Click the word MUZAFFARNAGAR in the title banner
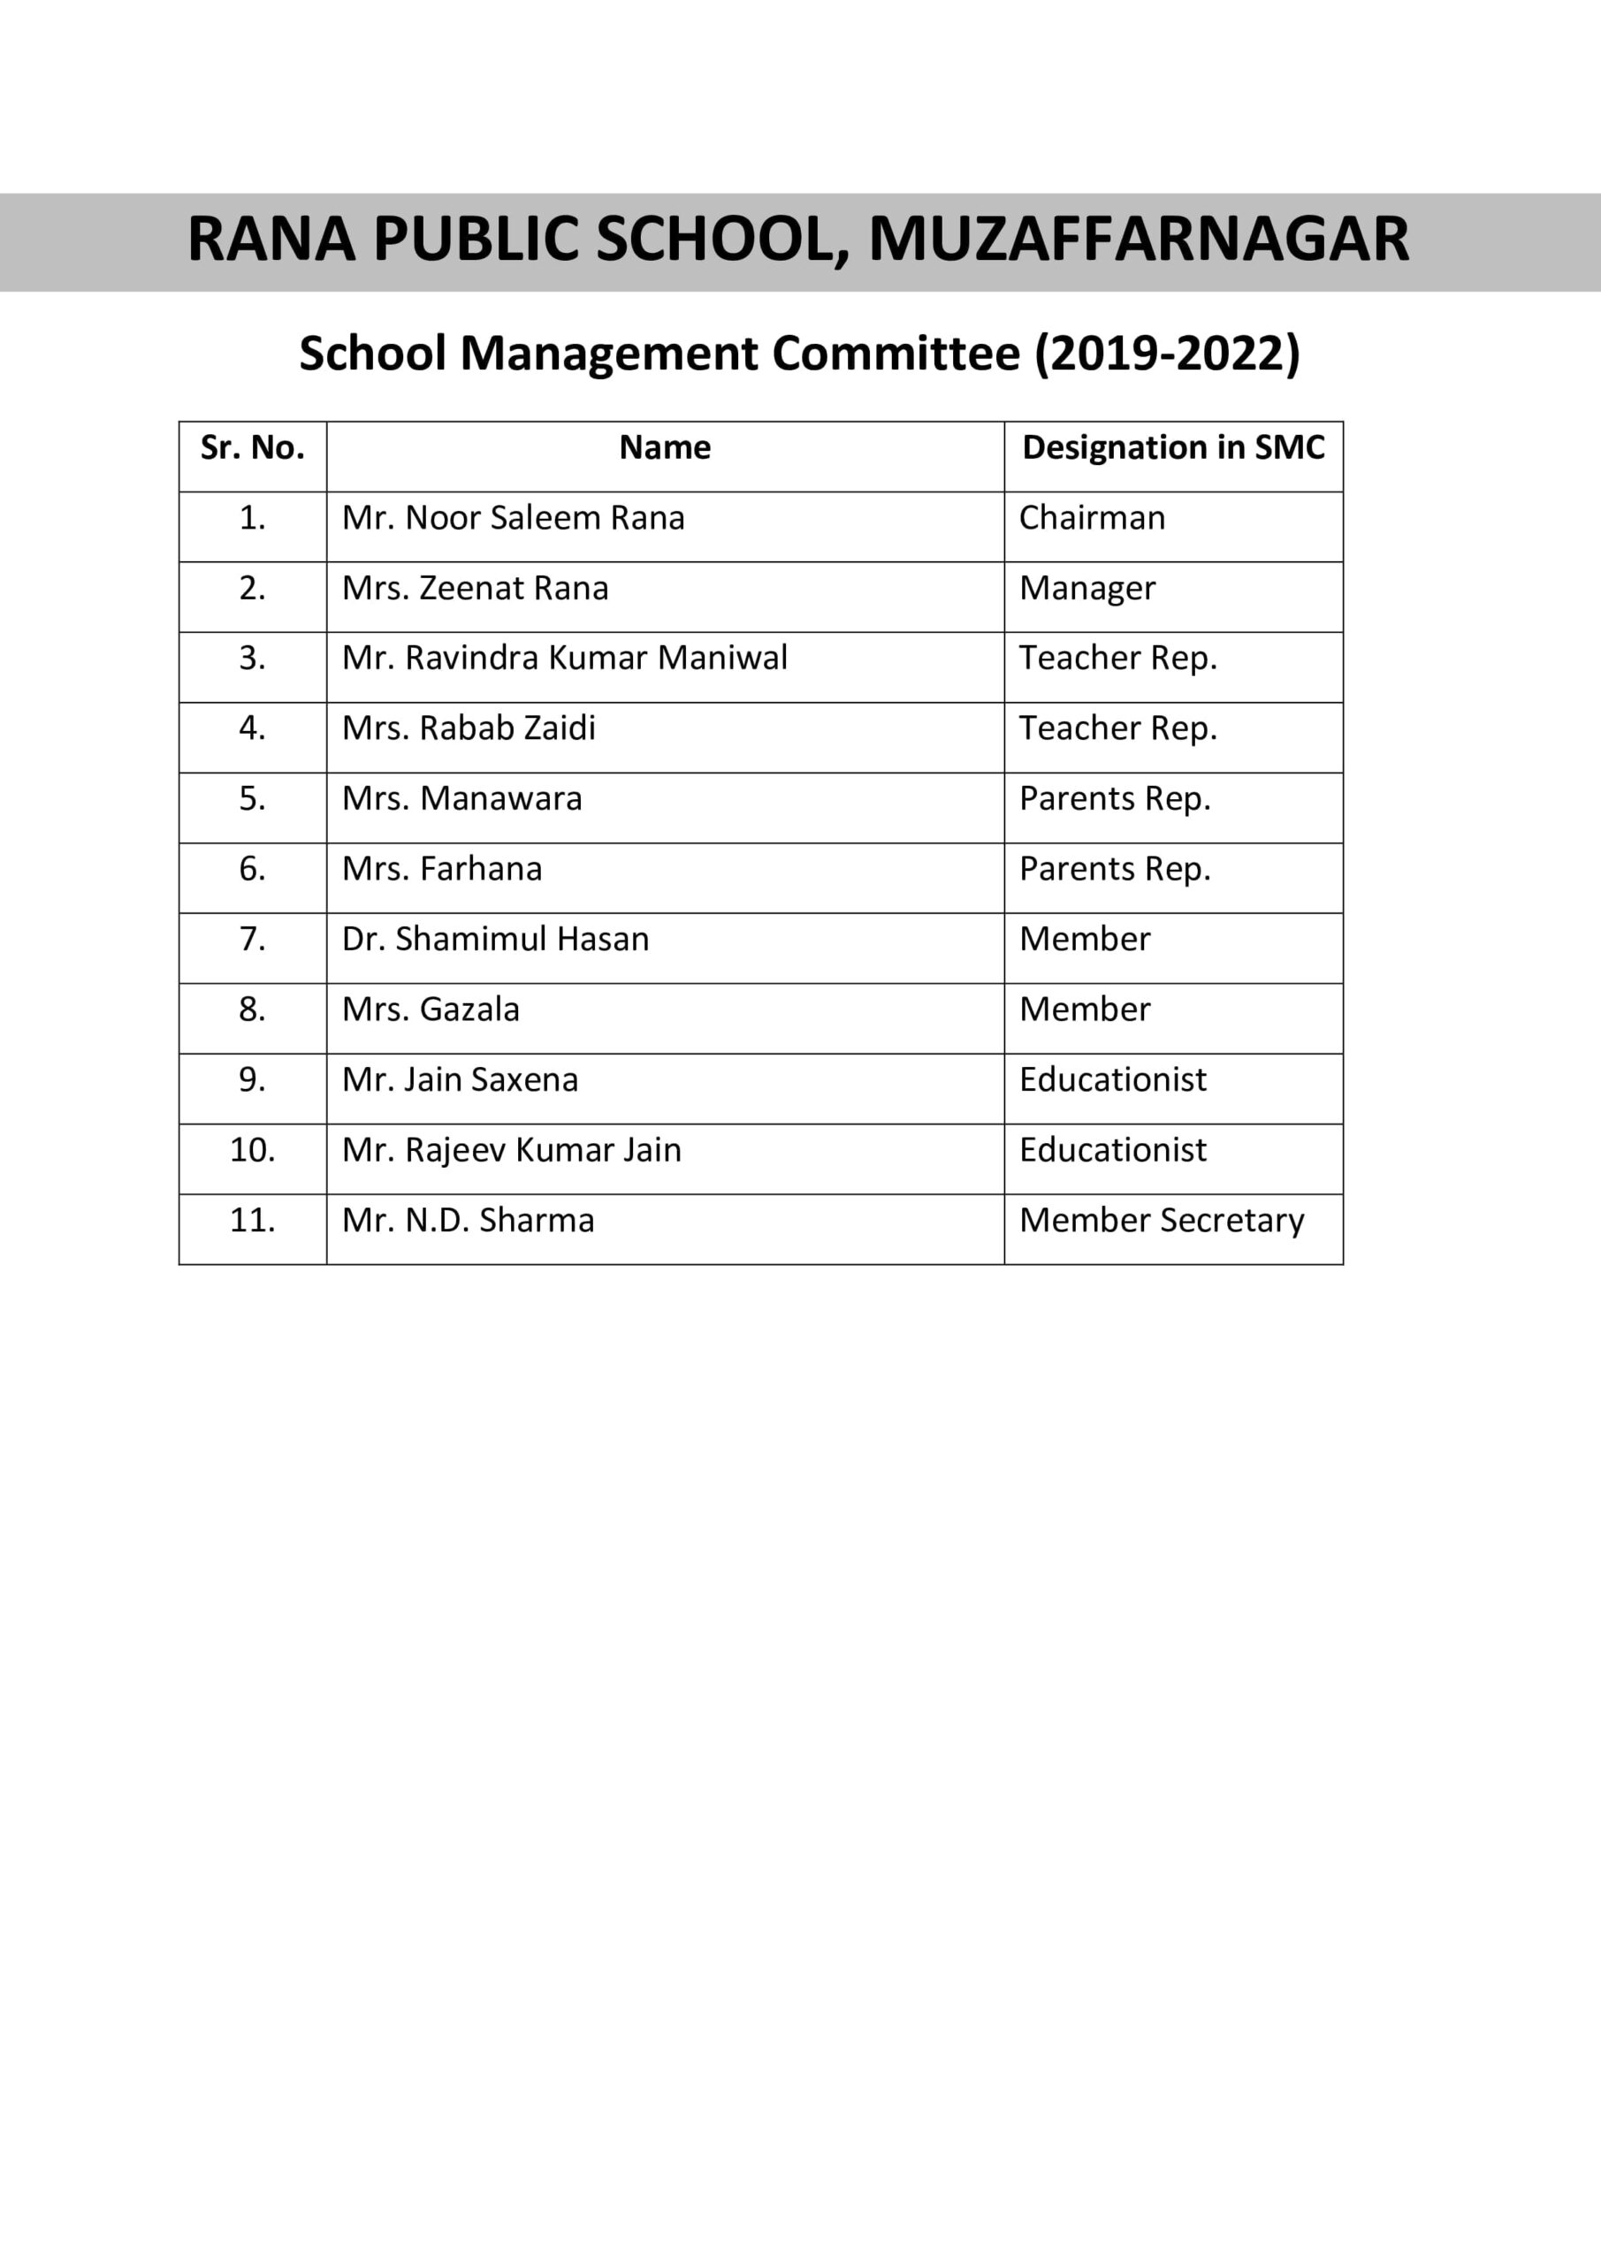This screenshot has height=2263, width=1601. tap(1138, 240)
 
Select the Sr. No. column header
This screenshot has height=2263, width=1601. tap(252, 448)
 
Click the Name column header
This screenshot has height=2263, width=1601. tap(665, 448)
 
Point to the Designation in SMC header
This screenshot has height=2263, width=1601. tap(1173, 448)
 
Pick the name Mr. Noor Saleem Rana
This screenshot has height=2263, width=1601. tap(513, 518)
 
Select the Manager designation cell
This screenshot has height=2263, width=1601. tap(1086, 590)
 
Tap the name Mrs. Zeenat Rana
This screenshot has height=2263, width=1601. tap(476, 589)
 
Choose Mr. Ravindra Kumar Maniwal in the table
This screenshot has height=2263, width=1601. tap(564, 659)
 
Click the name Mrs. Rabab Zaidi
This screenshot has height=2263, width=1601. tap(469, 728)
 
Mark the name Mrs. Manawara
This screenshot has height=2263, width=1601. tap(461, 798)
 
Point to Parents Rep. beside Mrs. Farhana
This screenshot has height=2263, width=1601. tap(1114, 869)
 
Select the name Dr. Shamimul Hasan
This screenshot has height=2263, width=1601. tap(495, 940)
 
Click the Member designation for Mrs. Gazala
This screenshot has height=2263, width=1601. tap(1085, 1010)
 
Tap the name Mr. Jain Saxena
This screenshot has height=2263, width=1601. tap(460, 1080)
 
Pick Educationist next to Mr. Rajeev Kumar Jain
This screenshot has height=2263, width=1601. tap(1112, 1150)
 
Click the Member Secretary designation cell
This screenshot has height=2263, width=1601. tap(1162, 1221)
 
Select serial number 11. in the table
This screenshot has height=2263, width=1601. tap(252, 1221)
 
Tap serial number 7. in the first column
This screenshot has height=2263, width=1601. tap(252, 940)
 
